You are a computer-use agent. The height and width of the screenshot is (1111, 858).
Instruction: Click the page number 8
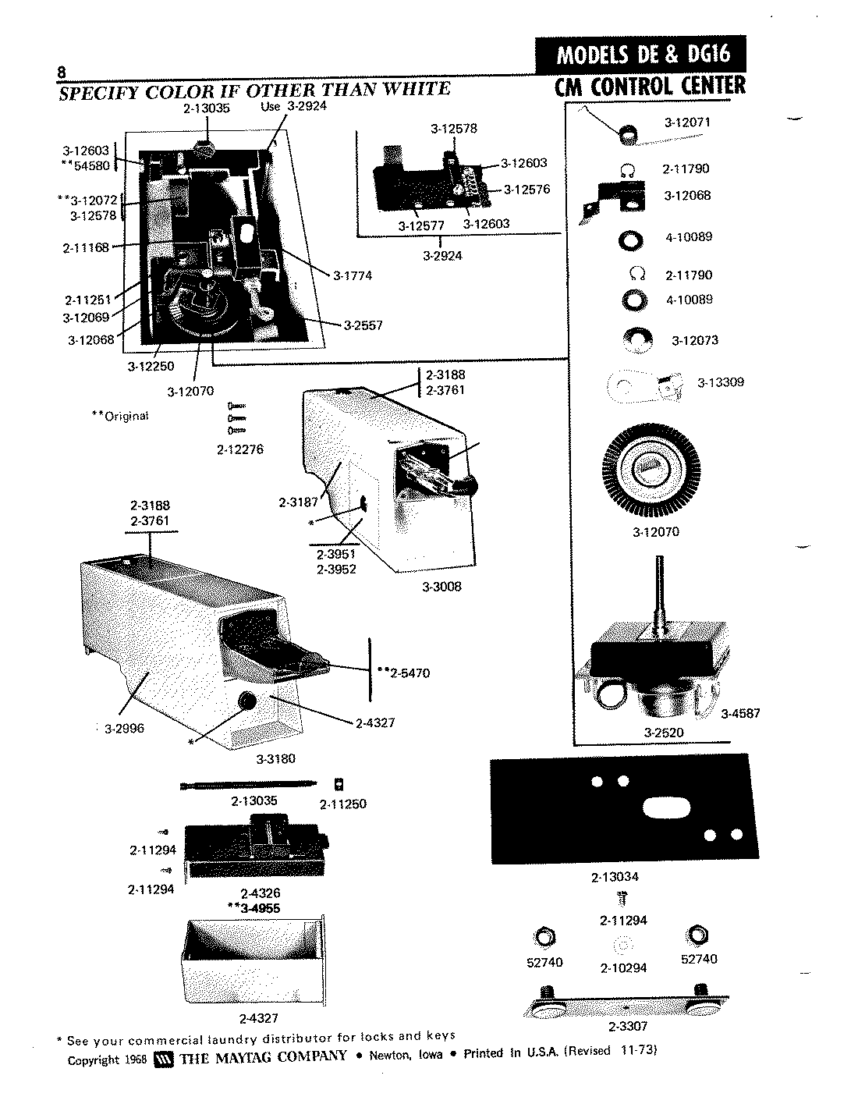pos(60,72)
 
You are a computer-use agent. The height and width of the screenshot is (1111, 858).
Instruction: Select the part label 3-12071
pos(687,122)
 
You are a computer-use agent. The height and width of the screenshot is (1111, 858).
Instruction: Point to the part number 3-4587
pos(740,713)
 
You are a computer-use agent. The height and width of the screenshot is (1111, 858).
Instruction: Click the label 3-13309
pos(721,382)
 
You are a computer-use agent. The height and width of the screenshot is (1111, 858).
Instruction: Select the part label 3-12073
pos(695,340)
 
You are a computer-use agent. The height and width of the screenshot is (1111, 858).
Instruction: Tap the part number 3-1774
pos(352,275)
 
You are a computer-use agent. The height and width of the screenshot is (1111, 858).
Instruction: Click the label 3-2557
pos(363,325)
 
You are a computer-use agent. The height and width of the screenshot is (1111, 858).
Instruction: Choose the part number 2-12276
pos(240,449)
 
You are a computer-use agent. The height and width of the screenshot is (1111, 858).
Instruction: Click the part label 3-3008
pos(441,587)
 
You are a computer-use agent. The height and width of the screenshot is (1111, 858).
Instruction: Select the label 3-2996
pos(125,729)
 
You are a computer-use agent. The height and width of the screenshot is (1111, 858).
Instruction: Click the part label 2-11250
pos(343,804)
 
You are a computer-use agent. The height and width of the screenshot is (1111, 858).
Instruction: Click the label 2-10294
pos(624,968)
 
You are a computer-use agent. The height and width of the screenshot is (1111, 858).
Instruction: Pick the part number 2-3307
pos(629,1027)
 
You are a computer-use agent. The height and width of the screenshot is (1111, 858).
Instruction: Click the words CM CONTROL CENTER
pos(650,86)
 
